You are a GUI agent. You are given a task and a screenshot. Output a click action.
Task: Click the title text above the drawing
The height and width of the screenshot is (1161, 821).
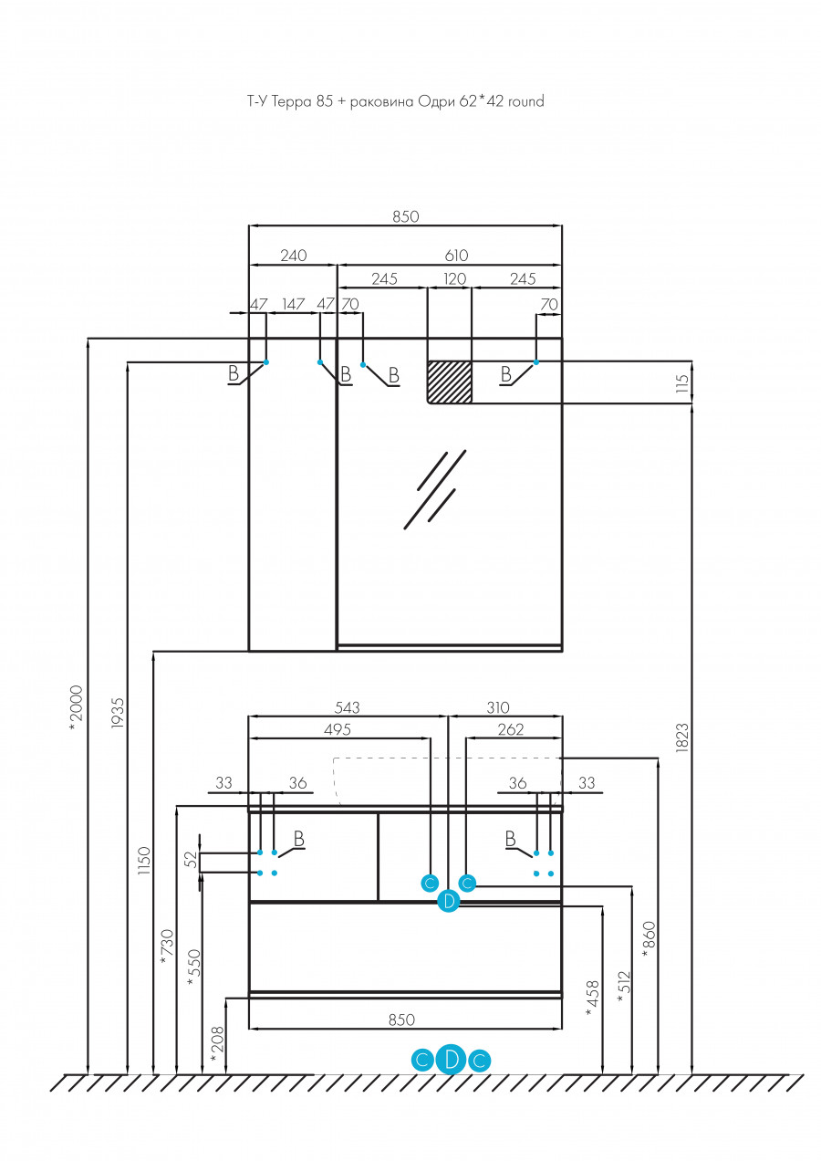click(395, 101)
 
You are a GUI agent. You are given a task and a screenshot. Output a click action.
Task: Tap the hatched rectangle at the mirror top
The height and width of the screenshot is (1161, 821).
click(450, 382)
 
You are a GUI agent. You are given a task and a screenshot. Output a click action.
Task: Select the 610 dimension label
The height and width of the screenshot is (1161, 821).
click(456, 256)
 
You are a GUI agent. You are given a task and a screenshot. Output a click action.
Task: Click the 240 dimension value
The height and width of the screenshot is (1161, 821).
click(293, 256)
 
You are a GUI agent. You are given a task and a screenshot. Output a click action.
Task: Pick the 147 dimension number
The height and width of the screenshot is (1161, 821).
click(293, 303)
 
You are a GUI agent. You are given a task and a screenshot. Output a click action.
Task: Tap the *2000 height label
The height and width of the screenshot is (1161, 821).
click(77, 703)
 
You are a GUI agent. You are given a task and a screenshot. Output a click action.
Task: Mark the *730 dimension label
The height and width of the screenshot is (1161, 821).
click(166, 945)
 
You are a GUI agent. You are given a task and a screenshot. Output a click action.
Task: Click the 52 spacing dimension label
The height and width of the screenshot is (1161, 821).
click(191, 859)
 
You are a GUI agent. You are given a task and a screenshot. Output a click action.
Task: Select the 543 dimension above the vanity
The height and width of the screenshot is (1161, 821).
click(348, 707)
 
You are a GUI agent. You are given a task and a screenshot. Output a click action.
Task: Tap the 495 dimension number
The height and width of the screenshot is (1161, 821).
click(337, 729)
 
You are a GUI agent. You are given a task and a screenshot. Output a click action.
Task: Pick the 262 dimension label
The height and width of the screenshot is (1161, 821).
click(511, 729)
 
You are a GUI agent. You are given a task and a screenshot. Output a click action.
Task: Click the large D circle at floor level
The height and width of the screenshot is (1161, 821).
click(452, 1060)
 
